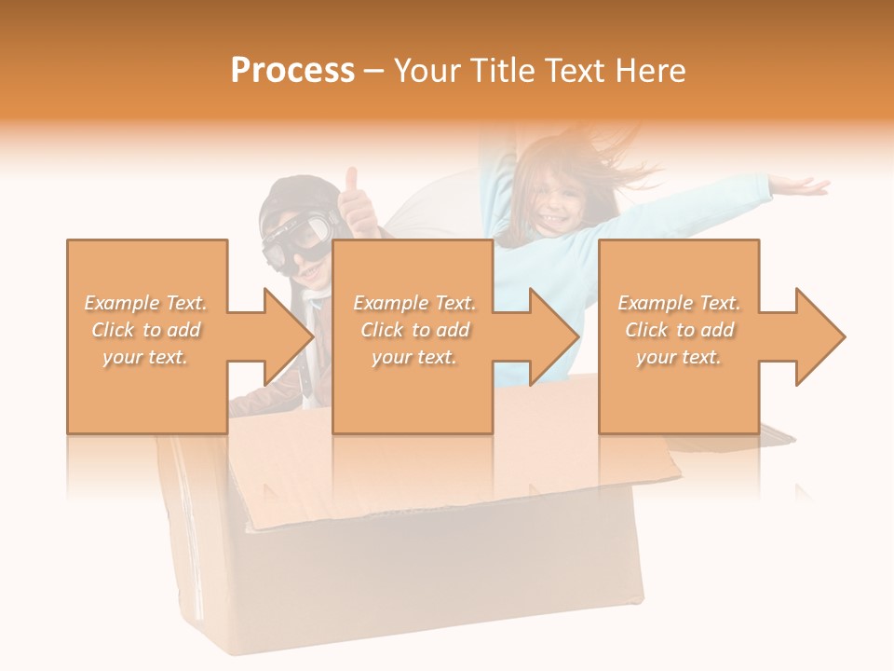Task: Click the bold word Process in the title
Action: [x=292, y=70]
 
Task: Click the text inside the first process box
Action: [x=146, y=330]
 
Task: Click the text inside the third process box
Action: [x=679, y=330]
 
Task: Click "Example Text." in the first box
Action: [x=146, y=303]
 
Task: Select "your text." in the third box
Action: [x=679, y=357]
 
